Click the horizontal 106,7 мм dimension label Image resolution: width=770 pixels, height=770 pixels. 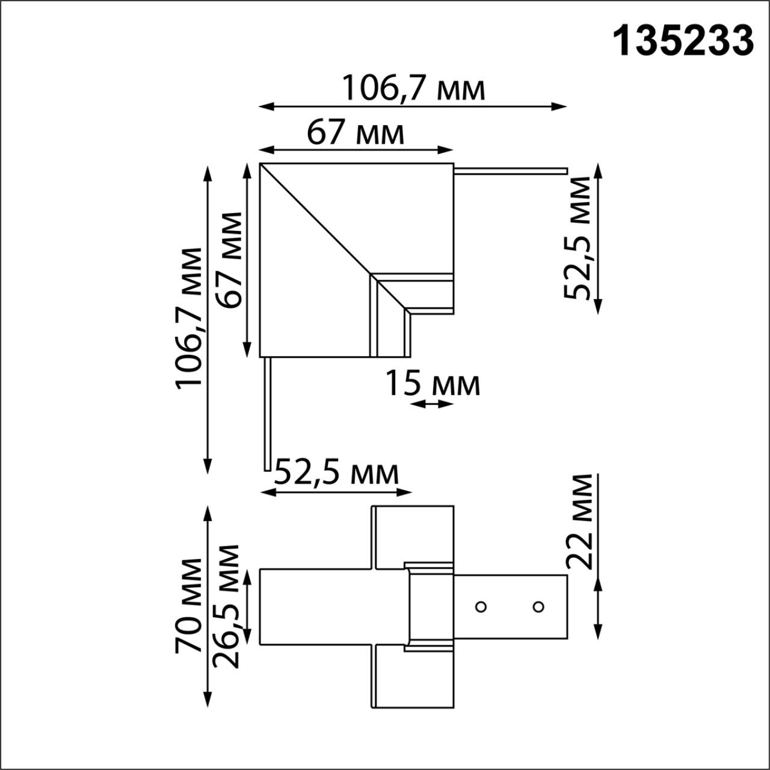(x=413, y=89)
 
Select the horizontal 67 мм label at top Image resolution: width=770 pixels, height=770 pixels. (x=356, y=133)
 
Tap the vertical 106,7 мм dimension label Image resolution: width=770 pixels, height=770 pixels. (x=188, y=318)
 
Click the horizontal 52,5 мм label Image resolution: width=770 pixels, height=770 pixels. (x=337, y=473)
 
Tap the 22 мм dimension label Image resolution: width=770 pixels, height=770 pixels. (x=580, y=521)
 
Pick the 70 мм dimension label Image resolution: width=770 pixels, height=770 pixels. (x=189, y=605)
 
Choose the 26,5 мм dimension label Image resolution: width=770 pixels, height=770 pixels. (x=227, y=606)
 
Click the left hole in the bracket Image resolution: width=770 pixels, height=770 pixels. (x=480, y=606)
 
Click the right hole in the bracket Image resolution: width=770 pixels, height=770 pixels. (x=538, y=606)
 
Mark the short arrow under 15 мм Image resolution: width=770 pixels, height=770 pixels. (x=433, y=404)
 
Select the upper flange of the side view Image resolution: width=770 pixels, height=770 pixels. (x=413, y=535)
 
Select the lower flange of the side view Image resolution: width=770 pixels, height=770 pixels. (x=413, y=676)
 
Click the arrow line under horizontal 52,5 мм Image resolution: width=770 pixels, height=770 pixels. (x=337, y=492)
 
